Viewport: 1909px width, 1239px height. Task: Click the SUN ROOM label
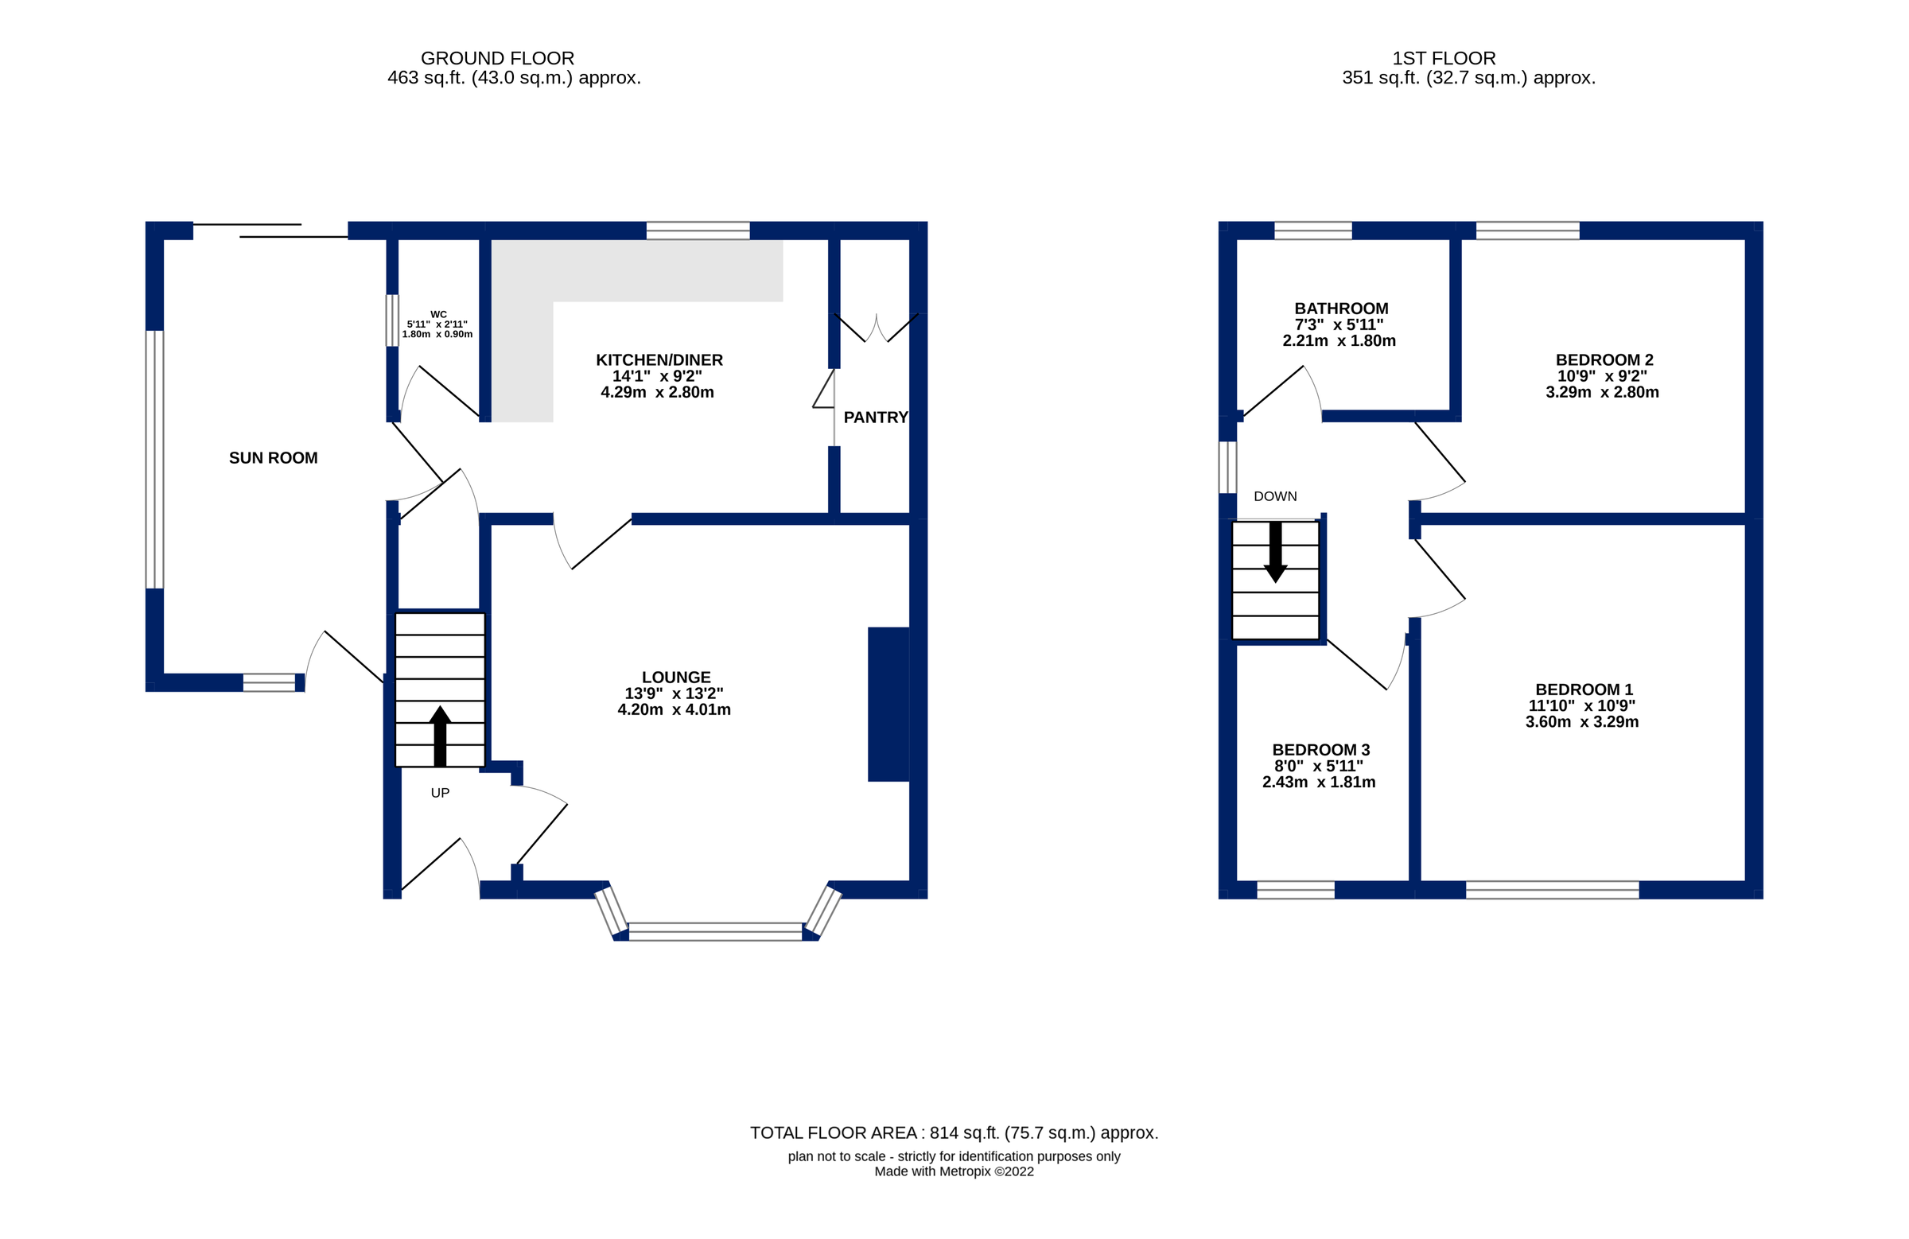pos(273,458)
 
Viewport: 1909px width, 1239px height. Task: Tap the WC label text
pos(438,315)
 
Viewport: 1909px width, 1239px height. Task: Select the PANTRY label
pos(875,417)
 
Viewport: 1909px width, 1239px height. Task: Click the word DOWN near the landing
pos(1274,496)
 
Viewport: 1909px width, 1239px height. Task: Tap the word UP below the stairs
pos(440,793)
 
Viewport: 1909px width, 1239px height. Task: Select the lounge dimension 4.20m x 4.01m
pos(674,709)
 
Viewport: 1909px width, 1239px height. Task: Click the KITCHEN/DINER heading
pos(659,360)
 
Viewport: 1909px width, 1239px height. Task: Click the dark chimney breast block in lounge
pos(888,704)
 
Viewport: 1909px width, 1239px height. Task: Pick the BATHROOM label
pos(1340,309)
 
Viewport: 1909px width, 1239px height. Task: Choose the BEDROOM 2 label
pos(1604,360)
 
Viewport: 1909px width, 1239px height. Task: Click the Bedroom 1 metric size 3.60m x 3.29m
pos(1581,722)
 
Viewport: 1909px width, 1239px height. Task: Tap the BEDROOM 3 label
pos(1320,750)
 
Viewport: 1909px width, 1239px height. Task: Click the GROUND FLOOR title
pos(497,59)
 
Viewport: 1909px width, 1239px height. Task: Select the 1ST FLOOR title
pos(1443,59)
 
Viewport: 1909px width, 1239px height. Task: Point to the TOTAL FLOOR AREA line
pos(954,1133)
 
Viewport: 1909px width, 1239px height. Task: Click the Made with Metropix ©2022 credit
pos(954,1171)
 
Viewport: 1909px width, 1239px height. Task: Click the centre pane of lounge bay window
pos(714,931)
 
